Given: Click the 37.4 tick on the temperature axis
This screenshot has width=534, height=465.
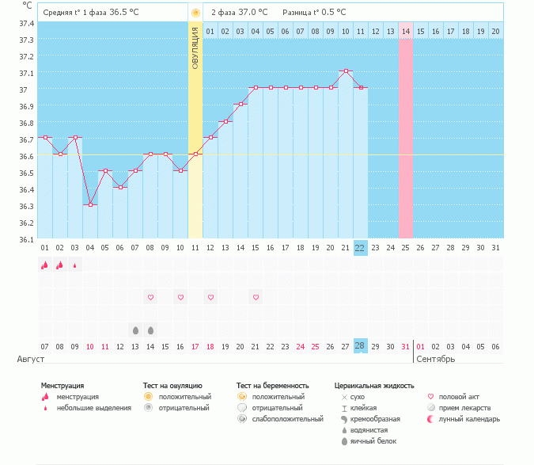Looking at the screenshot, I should [27, 23].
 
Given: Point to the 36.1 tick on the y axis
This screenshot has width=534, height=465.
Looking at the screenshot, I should [27, 239].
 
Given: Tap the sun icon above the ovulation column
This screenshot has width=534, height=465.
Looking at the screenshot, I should [195, 13].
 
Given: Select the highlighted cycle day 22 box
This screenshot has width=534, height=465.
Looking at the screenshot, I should [360, 248].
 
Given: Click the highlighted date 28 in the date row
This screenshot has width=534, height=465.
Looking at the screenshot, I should [360, 346].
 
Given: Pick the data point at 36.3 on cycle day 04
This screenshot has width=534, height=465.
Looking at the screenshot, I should [90, 204].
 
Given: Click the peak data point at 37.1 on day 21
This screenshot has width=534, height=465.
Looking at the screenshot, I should [346, 71].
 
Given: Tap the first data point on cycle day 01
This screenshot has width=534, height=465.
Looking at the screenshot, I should [45, 138].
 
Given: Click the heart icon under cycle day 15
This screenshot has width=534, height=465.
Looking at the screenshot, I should [256, 297].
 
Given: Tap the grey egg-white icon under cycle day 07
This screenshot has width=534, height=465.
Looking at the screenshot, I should [135, 330].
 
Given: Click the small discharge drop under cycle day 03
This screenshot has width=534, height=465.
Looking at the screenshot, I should [75, 265].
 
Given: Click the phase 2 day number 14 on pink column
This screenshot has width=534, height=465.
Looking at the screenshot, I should [405, 31].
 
